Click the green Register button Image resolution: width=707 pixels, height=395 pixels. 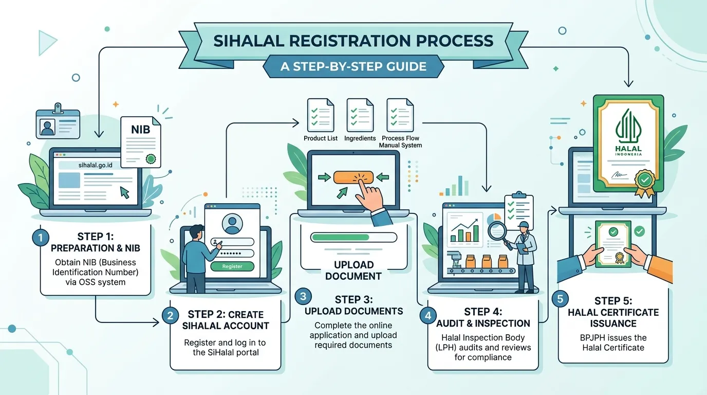(x=232, y=266)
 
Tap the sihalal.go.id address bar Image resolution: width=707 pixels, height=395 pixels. (x=95, y=165)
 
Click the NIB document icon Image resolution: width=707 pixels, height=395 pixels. (x=141, y=142)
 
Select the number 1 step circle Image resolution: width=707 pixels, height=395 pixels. (x=41, y=237)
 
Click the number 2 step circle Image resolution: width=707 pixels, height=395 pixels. (x=170, y=315)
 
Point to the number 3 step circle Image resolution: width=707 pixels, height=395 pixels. (x=303, y=296)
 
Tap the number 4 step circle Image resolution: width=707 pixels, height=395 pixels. (x=428, y=315)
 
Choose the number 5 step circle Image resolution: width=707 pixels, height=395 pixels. (x=560, y=299)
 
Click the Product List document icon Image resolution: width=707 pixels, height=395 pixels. (x=321, y=115)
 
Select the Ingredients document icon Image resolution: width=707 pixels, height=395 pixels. (x=360, y=115)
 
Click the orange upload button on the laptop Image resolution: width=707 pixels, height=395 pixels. (x=353, y=177)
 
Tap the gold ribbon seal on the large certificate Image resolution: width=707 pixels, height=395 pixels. (x=644, y=183)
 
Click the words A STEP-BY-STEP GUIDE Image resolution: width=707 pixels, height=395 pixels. (x=353, y=66)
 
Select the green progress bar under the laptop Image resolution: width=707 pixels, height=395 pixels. (x=340, y=237)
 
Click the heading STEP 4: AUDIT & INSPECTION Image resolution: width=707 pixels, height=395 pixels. (x=483, y=317)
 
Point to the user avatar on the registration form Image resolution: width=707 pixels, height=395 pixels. (x=232, y=224)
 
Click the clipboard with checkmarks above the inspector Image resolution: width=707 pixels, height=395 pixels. (x=518, y=210)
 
